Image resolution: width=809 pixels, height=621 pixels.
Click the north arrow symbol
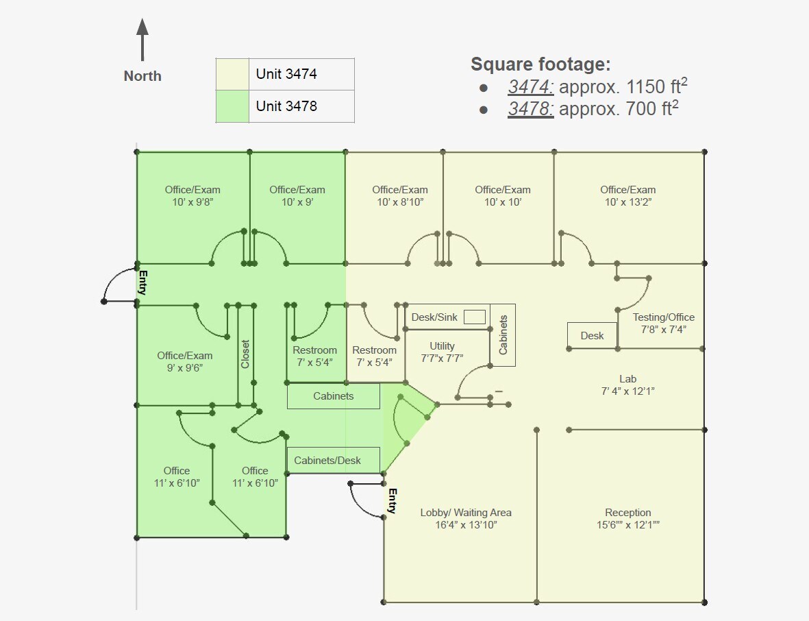click(142, 39)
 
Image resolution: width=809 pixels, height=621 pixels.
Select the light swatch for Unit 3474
click(232, 74)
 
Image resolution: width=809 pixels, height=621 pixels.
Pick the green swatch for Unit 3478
click(232, 106)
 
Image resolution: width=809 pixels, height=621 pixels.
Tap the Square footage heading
click(540, 64)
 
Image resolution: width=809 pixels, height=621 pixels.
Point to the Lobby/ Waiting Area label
click(466, 513)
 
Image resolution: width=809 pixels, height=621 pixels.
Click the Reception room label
click(627, 513)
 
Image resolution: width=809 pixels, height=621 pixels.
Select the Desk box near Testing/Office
click(592, 335)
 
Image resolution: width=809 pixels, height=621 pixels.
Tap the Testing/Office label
click(663, 317)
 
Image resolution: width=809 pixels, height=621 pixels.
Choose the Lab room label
click(627, 378)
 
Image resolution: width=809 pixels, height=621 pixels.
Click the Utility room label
click(442, 346)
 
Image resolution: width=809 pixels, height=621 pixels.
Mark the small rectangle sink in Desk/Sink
click(474, 317)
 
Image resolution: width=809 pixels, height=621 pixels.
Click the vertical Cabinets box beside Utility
click(503, 334)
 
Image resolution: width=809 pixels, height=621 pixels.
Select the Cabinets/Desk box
click(333, 460)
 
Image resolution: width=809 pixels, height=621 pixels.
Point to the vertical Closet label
click(245, 354)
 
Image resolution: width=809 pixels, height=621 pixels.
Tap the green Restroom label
click(314, 350)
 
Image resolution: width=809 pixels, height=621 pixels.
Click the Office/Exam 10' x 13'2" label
click(627, 190)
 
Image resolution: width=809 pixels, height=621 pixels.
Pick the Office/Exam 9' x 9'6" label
click(184, 356)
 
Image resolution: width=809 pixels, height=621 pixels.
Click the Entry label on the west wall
click(143, 282)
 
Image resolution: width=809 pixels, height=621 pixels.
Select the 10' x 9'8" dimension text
click(192, 202)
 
